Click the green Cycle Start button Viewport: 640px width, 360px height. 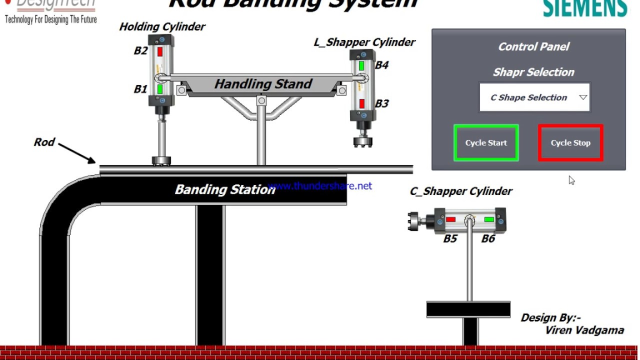click(486, 143)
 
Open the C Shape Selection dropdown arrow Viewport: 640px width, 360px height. click(583, 97)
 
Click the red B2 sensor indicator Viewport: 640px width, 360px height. click(160, 51)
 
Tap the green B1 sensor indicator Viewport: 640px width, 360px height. click(160, 89)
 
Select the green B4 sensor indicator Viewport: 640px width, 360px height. click(361, 65)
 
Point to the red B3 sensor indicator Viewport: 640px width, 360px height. click(361, 103)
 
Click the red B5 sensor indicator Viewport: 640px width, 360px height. click(450, 219)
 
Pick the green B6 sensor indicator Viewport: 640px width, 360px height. click(489, 219)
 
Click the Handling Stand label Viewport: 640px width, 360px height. click(263, 84)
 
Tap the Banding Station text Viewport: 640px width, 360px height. click(224, 189)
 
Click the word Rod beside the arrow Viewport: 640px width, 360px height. click(44, 142)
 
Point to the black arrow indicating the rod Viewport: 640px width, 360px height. click(77, 153)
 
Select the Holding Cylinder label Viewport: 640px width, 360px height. click(162, 27)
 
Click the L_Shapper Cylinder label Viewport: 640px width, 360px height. click(364, 42)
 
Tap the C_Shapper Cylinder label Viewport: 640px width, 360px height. click(461, 191)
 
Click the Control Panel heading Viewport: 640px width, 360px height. click(533, 47)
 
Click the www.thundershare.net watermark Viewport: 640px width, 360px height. click(320, 186)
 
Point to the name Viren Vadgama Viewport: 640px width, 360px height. click(584, 330)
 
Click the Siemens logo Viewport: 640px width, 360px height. click(584, 8)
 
